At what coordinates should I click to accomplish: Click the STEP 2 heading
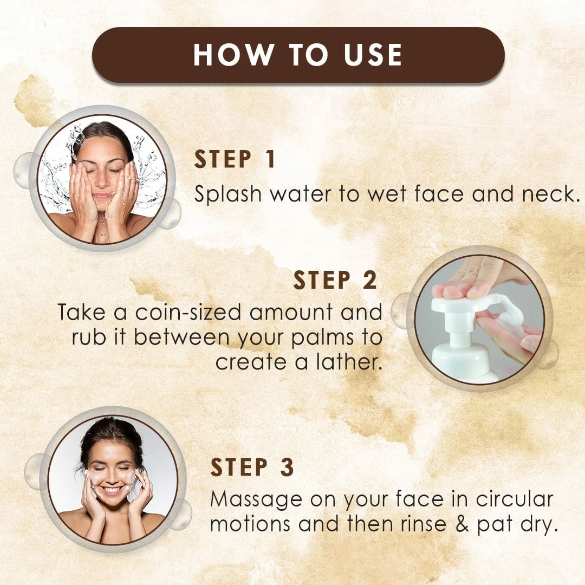[x=335, y=280]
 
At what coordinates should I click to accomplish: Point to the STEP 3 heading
[x=252, y=467]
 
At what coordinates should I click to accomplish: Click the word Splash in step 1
[x=228, y=194]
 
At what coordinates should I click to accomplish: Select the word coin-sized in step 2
[x=188, y=312]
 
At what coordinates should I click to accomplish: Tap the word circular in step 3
[x=515, y=499]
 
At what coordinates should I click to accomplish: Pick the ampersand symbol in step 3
[x=462, y=524]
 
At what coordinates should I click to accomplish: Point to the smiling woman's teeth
[x=112, y=489]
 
